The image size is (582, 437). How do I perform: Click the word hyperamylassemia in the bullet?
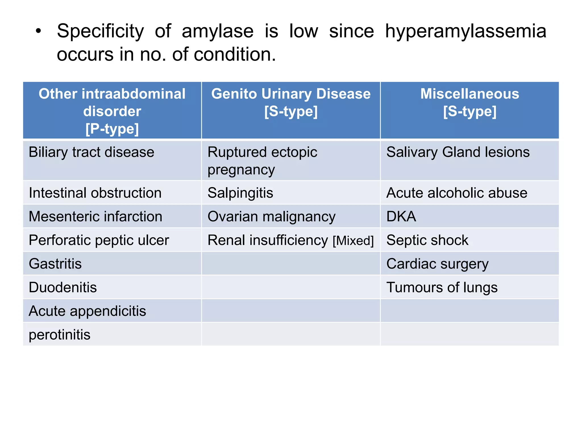click(x=465, y=31)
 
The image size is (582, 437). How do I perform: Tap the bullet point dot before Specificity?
click(x=38, y=31)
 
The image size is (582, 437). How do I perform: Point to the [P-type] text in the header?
click(x=112, y=129)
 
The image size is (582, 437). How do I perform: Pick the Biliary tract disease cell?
click(x=92, y=152)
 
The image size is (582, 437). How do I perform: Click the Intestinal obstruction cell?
click(x=95, y=193)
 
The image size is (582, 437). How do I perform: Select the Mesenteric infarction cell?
click(x=95, y=217)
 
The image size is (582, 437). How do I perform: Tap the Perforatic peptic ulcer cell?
click(x=99, y=240)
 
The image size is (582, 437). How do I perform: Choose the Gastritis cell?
click(x=55, y=264)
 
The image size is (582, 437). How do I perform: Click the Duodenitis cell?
click(x=63, y=287)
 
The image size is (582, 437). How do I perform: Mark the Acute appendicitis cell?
click(x=87, y=311)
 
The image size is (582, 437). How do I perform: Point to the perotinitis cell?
click(x=60, y=335)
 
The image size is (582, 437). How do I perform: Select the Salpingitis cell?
click(x=240, y=193)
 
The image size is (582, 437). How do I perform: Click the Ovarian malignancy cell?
click(x=271, y=217)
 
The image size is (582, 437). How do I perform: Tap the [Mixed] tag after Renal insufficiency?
click(x=353, y=241)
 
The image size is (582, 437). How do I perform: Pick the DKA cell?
click(x=401, y=217)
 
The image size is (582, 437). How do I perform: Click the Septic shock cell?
click(x=427, y=240)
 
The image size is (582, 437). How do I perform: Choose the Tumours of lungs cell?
click(x=442, y=287)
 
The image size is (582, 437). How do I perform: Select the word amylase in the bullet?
click(x=217, y=31)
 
